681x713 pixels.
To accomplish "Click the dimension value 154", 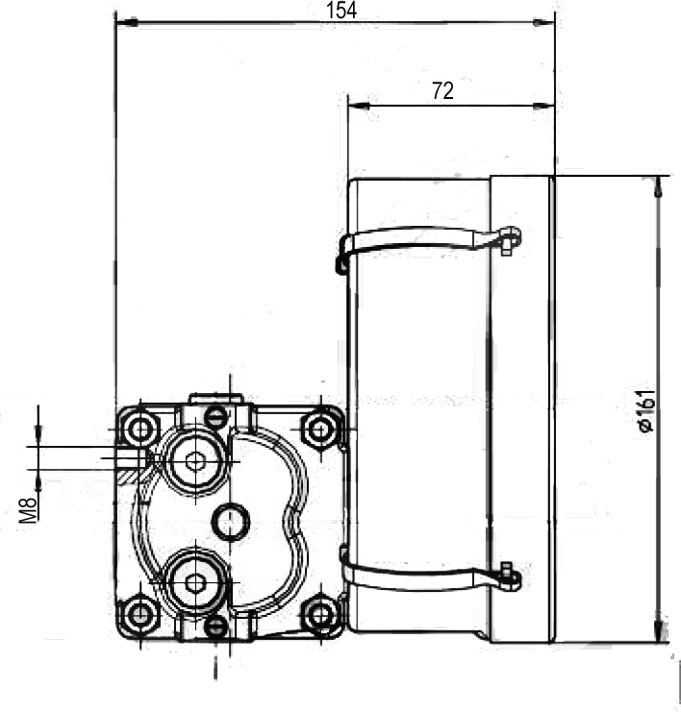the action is (x=341, y=11).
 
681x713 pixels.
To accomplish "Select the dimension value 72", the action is (x=442, y=91).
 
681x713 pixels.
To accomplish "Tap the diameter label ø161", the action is (x=645, y=410).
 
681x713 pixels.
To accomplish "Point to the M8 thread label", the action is (x=28, y=510).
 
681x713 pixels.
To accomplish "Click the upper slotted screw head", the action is (x=215, y=416).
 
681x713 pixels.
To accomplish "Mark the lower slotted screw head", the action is (x=215, y=627).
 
